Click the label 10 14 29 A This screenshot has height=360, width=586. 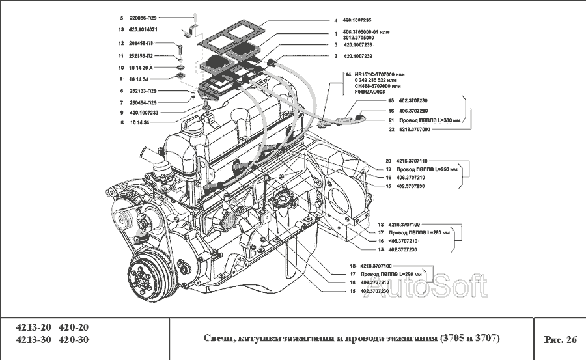pos(141,68)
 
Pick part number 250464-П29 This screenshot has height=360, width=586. pos(143,102)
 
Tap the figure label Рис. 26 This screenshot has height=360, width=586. pos(560,339)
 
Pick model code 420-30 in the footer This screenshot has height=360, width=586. pos(74,340)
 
